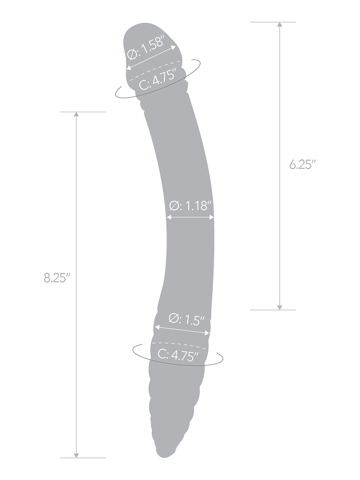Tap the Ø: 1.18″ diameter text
191,206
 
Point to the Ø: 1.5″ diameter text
186,319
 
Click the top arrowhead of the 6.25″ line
279,25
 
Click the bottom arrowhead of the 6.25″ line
279,307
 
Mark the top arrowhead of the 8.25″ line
76,115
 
